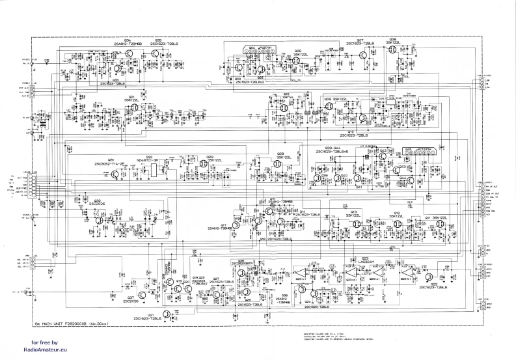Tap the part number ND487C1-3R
click(x=149, y=159)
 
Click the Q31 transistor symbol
click(x=115, y=174)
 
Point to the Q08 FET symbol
click(x=392, y=50)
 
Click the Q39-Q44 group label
click(x=337, y=149)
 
